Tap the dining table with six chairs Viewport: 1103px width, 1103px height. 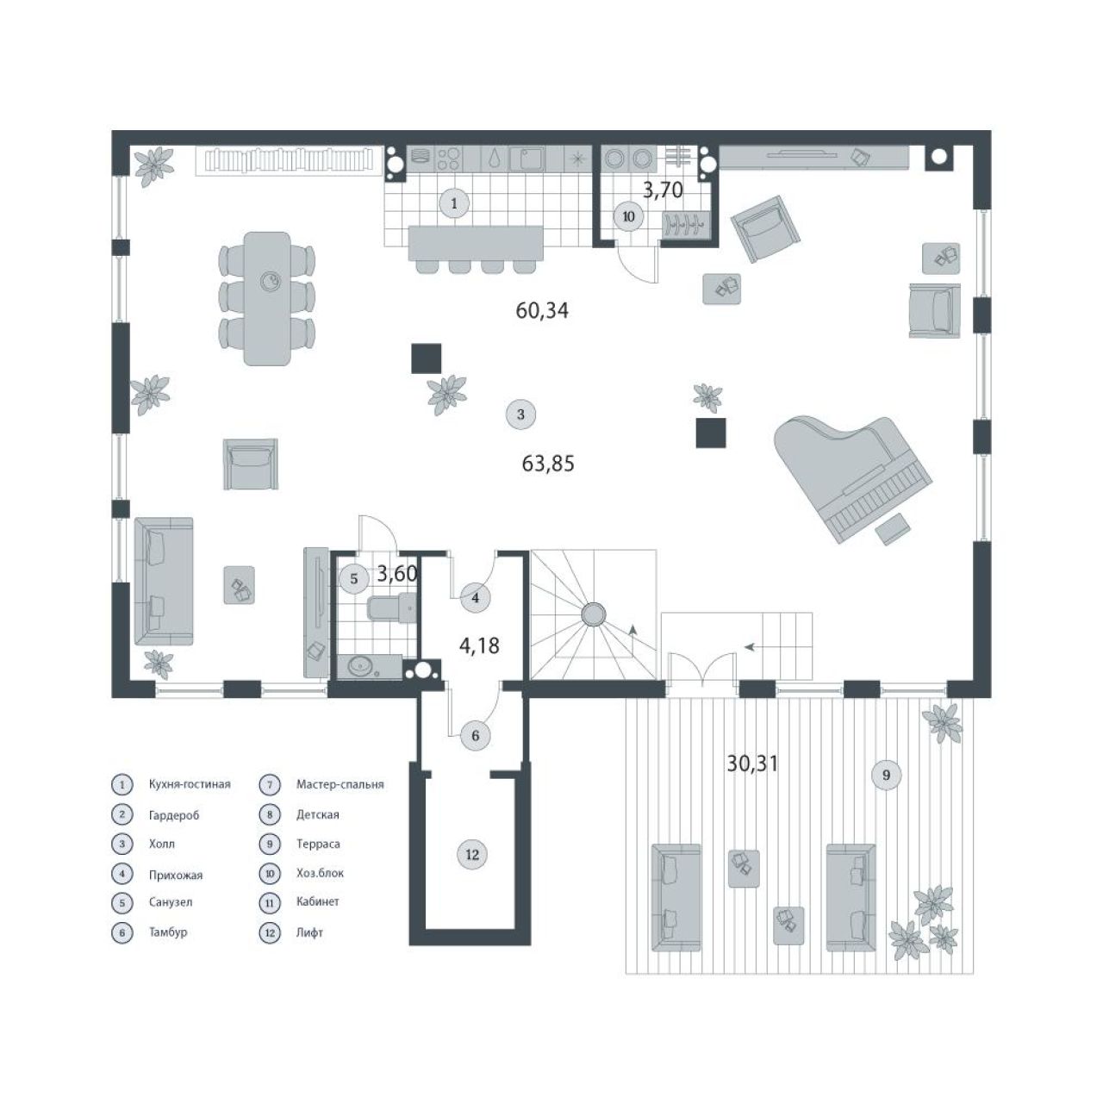[267, 298]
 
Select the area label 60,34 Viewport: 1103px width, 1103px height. [542, 311]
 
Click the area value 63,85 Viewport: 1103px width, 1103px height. [548, 463]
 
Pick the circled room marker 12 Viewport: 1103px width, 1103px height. [471, 855]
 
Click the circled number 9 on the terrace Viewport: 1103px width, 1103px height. [886, 775]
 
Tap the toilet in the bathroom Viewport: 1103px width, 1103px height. [391, 608]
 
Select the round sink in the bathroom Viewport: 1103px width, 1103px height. [362, 666]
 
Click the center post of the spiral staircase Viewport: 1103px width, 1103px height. [594, 614]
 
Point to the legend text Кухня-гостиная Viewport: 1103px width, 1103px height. [190, 785]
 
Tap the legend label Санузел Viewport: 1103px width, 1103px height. [171, 903]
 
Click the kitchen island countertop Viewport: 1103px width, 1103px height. [475, 243]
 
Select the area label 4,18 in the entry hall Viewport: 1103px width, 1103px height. [479, 646]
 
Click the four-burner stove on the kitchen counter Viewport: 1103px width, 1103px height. [449, 159]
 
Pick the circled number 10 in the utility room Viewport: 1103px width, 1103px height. [628, 217]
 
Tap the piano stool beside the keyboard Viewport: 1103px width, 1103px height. [893, 528]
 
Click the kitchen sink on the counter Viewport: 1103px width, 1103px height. [526, 159]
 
